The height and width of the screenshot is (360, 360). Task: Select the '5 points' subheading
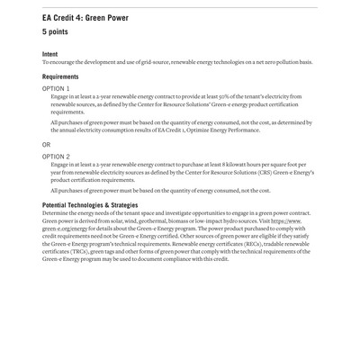click(58, 31)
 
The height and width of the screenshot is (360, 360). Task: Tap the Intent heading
click(49, 54)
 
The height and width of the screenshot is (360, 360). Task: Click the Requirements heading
click(64, 77)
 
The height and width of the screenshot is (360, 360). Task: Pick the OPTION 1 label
click(57, 89)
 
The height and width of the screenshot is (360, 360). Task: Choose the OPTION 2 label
click(57, 156)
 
